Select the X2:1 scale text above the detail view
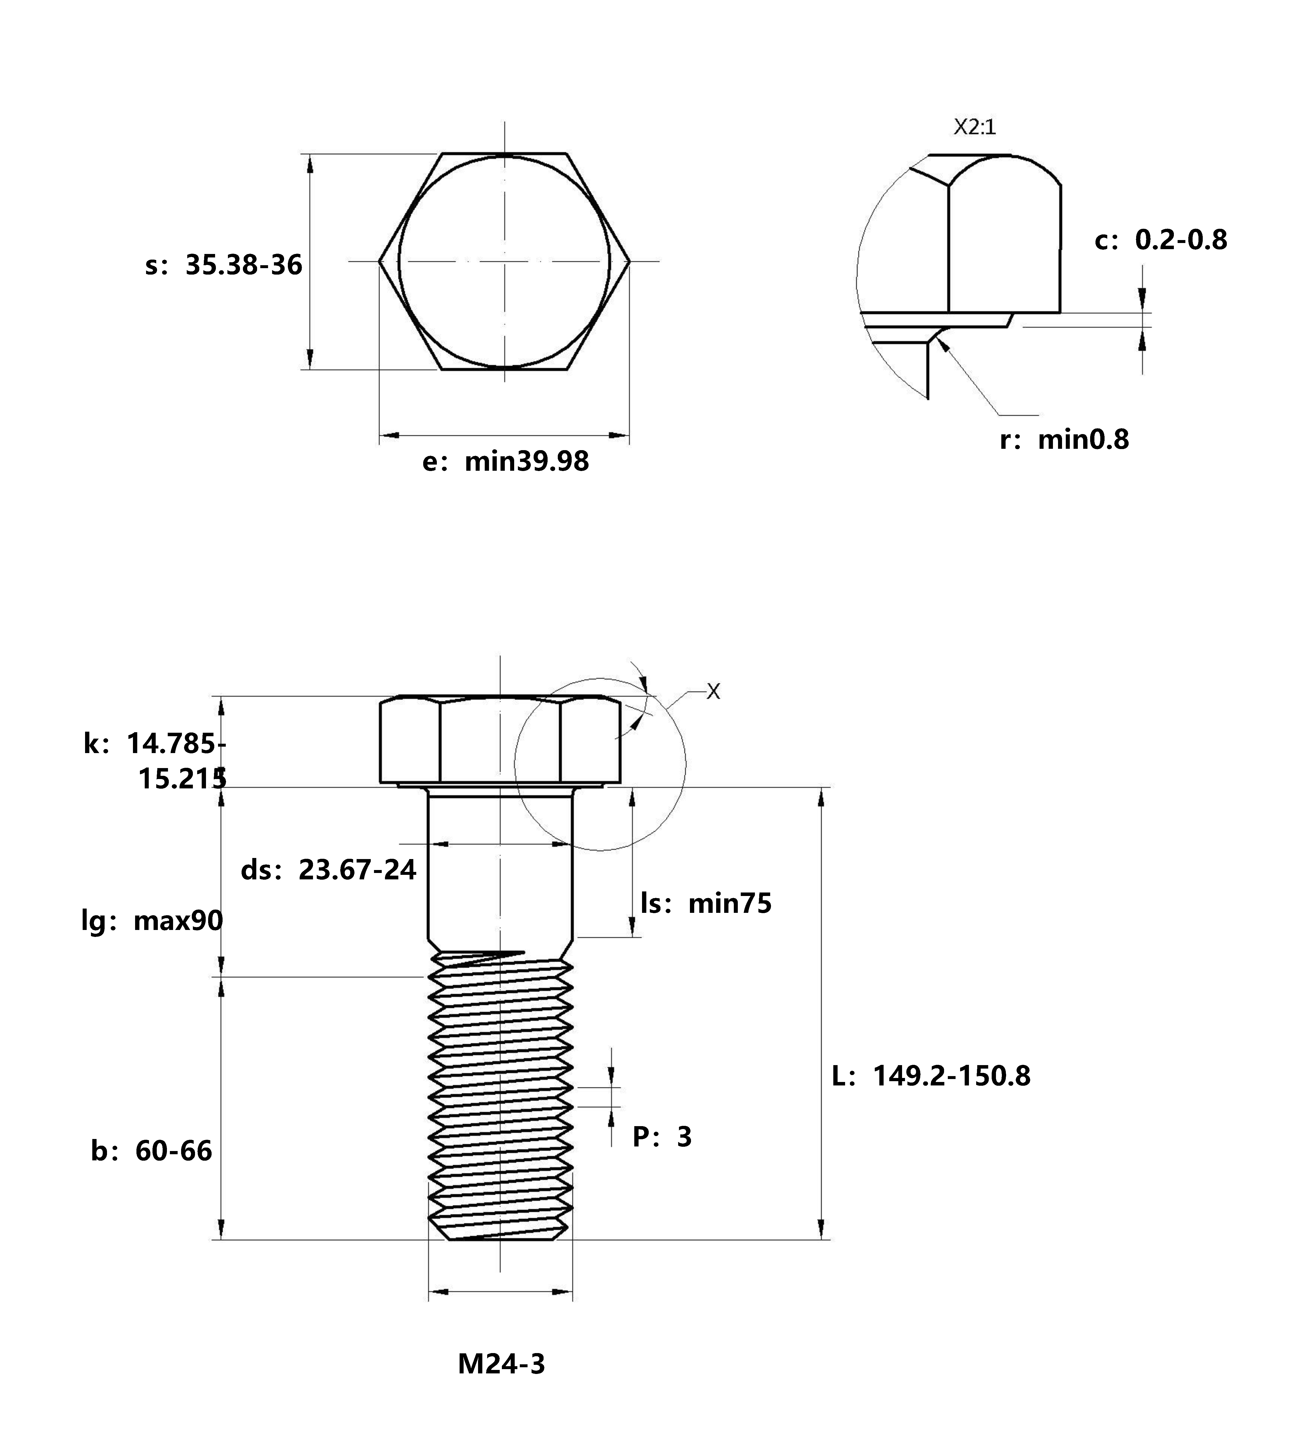(x=974, y=127)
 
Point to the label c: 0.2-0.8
(x=1160, y=240)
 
